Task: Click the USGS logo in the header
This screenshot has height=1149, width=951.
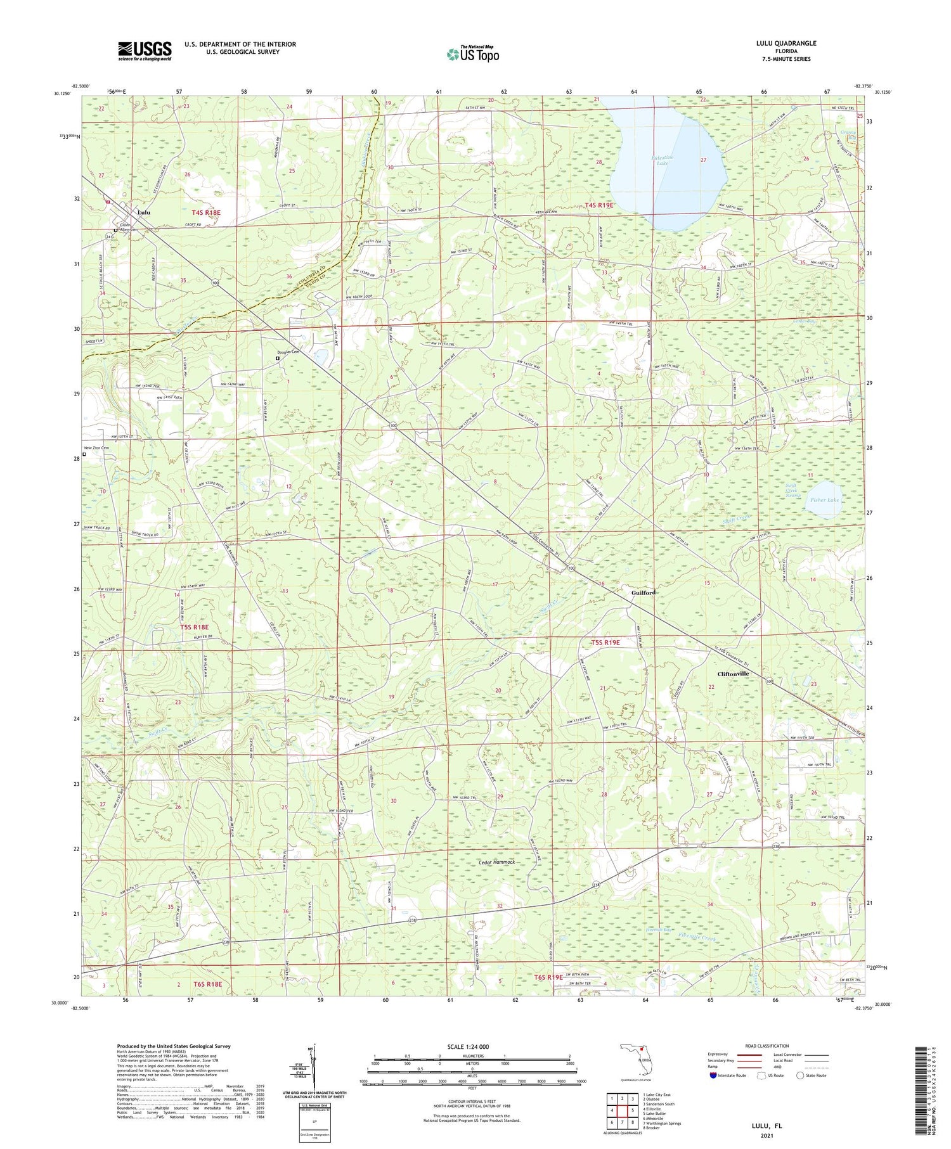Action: (x=145, y=51)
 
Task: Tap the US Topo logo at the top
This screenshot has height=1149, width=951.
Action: (x=472, y=54)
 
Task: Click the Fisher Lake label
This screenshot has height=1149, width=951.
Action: (x=824, y=500)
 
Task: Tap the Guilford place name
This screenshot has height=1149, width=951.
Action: (x=643, y=593)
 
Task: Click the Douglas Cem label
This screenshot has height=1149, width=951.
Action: (x=287, y=352)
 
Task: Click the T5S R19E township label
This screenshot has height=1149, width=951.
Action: (x=605, y=643)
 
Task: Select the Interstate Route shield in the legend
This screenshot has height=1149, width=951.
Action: (x=714, y=1075)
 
